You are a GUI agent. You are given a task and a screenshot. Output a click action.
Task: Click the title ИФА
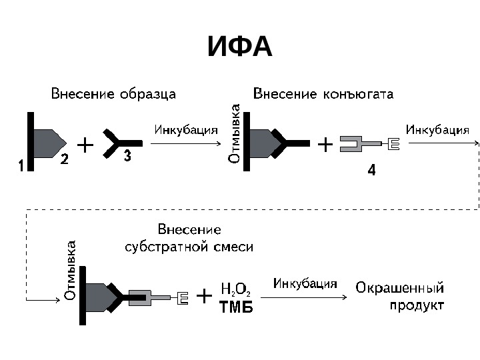[x=239, y=47]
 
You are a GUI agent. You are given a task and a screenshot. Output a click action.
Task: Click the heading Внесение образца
[x=113, y=94]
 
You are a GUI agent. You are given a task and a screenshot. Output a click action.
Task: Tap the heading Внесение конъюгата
[x=323, y=94]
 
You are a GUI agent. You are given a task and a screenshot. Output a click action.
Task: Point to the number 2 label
[x=65, y=159]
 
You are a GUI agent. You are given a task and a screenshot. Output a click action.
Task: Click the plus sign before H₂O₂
[x=205, y=295]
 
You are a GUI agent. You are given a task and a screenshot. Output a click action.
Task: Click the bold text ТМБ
[x=236, y=309]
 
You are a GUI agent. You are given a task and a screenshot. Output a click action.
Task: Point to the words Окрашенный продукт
[x=400, y=297]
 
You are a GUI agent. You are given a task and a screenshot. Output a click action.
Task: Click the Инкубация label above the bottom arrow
[x=305, y=283]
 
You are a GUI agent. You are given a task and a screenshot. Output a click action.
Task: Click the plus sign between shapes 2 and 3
[x=85, y=143]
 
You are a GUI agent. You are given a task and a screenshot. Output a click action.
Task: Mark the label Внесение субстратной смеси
[x=190, y=238]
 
